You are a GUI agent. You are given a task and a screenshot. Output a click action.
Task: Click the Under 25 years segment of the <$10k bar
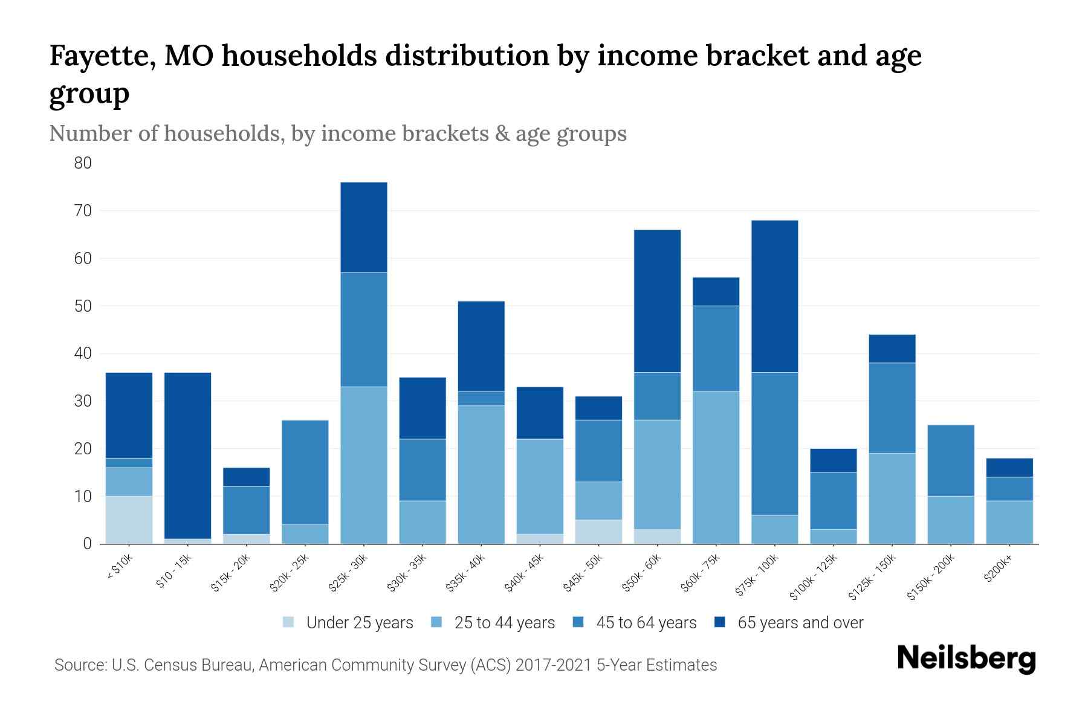[129, 520]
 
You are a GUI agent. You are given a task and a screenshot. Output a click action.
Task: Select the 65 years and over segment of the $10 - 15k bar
[187, 456]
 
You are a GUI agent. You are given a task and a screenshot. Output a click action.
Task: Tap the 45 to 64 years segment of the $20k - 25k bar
[305, 472]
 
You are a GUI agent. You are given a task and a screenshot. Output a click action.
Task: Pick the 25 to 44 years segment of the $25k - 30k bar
[364, 465]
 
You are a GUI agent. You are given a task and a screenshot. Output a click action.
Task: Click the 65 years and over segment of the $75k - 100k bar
[775, 296]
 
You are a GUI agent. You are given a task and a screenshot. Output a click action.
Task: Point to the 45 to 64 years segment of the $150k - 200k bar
[951, 460]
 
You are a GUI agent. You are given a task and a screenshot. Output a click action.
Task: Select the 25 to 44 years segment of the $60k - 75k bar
[716, 468]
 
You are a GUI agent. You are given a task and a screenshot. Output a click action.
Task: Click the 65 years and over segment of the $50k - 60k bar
[658, 301]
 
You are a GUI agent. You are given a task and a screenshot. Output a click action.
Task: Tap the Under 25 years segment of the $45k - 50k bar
[598, 532]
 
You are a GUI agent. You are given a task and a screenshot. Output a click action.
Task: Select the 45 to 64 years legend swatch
[578, 622]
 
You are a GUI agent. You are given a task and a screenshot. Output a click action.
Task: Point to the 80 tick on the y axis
[83, 163]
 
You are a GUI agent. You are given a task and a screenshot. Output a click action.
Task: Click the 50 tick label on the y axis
[83, 306]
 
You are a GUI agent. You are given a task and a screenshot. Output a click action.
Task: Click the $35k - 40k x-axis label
[466, 573]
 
